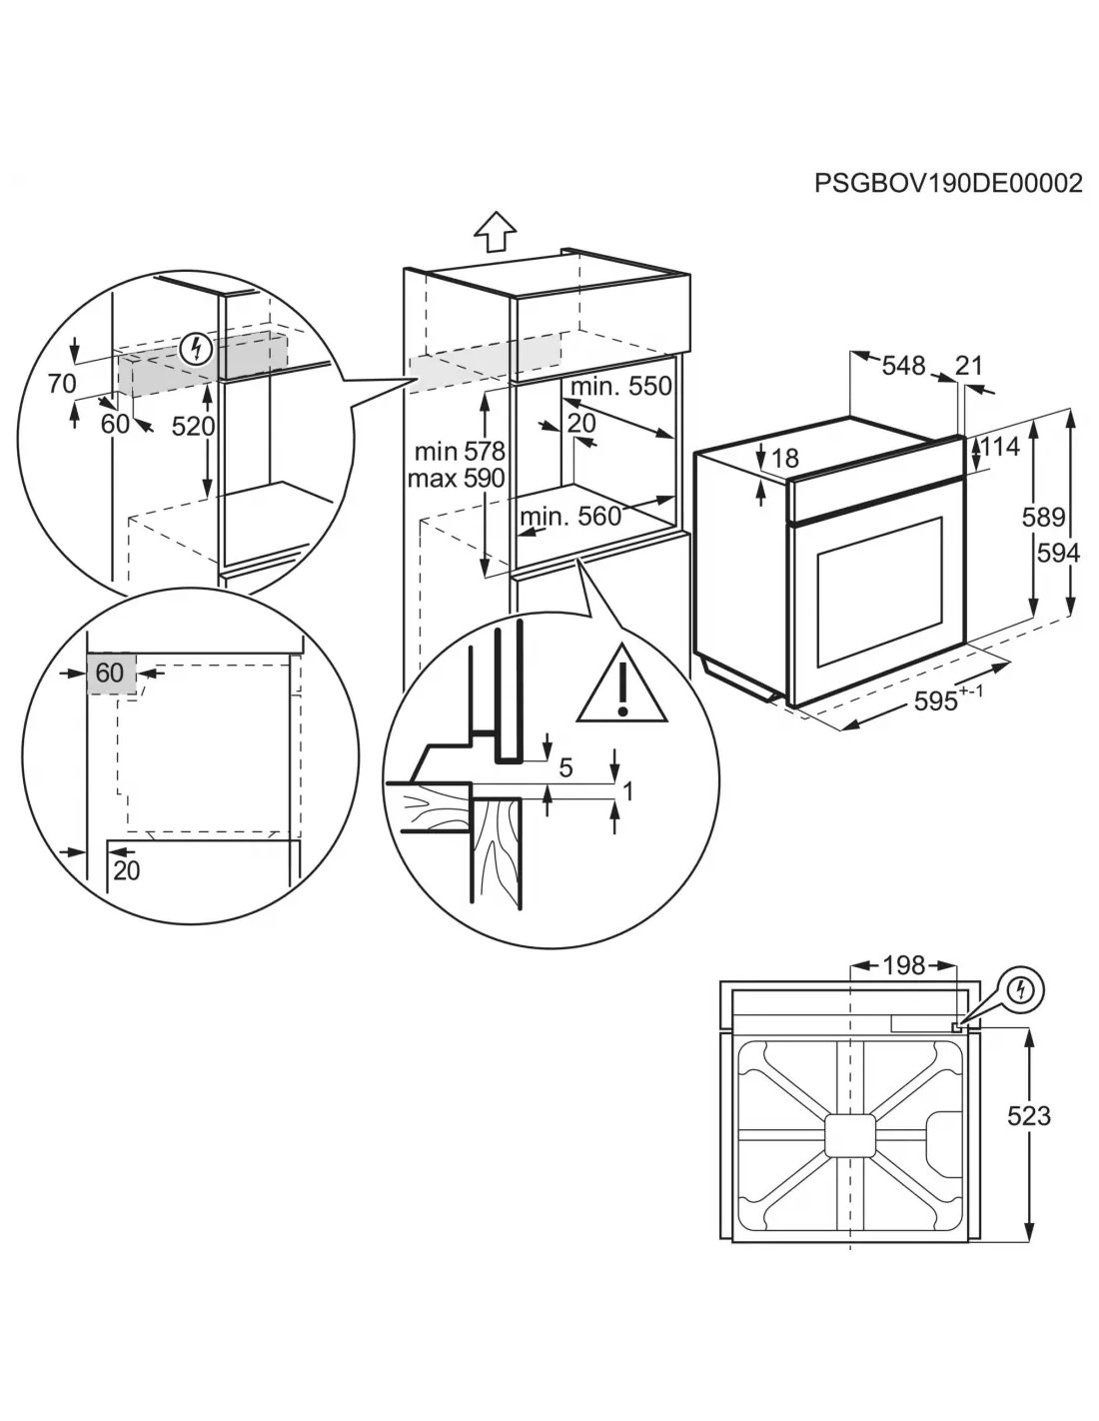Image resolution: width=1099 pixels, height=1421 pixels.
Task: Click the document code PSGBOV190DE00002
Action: coord(948,183)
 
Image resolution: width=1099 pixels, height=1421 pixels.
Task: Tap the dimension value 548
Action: coord(903,366)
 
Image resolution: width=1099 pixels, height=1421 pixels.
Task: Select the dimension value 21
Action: coord(968,366)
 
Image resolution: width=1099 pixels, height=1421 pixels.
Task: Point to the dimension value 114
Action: coord(1000,447)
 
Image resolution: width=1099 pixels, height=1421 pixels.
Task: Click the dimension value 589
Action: coord(1043,518)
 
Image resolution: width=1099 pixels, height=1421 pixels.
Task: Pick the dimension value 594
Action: coord(1058,554)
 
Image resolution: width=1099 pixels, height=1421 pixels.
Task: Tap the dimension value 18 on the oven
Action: coord(785,459)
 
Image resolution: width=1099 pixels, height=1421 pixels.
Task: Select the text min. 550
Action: coord(621,387)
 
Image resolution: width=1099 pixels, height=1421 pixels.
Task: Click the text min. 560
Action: coord(570,518)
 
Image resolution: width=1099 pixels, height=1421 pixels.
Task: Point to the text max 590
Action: coord(457,479)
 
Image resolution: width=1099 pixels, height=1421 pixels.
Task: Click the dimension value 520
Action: coord(193,427)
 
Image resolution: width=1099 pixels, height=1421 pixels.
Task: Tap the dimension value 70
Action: coord(62,384)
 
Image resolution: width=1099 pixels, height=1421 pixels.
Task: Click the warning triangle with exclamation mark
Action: coord(621,684)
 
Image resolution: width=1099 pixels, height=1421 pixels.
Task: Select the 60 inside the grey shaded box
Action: coord(109,673)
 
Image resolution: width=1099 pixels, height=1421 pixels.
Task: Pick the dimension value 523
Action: coord(1028,1115)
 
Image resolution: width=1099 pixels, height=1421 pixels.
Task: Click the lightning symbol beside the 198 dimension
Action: coord(1019,990)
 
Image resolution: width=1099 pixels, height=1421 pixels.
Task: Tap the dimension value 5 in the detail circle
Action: coord(566,767)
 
